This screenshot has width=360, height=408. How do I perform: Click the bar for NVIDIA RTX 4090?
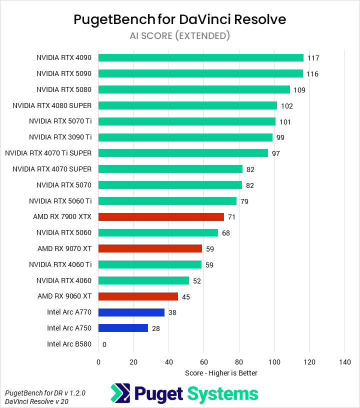pyautogui.click(x=200, y=57)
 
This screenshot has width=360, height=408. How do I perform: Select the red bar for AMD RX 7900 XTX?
pyautogui.click(x=161, y=217)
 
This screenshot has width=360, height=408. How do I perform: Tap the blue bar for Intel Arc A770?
pyautogui.click(x=131, y=312)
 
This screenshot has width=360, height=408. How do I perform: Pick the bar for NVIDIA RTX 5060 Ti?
pyautogui.click(x=167, y=201)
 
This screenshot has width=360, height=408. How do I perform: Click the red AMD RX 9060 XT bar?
pyautogui.click(x=138, y=296)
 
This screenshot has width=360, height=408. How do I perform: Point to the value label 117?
pyautogui.click(x=313, y=58)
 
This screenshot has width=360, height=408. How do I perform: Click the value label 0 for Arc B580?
pyautogui.click(x=104, y=344)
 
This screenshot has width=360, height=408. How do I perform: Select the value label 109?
pyautogui.click(x=299, y=90)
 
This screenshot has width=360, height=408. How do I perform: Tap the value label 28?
pyautogui.click(x=156, y=328)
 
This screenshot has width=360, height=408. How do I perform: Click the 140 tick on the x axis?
pyautogui.click(x=344, y=362)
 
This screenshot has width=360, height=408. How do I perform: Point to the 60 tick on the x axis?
pyautogui.click(x=204, y=362)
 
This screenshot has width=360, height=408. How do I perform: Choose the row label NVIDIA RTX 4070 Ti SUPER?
pyautogui.click(x=51, y=153)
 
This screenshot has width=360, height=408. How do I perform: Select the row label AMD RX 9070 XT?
pyautogui.click(x=64, y=248)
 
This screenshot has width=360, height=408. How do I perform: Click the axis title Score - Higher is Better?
pyautogui.click(x=221, y=372)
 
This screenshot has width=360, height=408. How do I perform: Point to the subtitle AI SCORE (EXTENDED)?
pyautogui.click(x=180, y=35)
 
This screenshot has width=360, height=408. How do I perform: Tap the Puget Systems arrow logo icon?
pyautogui.click(x=120, y=393)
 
